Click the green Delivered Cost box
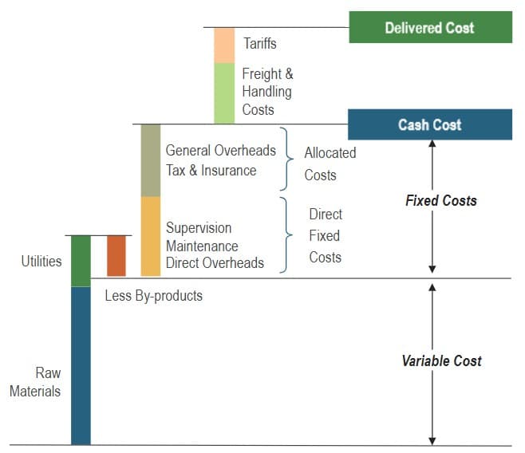[430, 28]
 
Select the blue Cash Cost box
[430, 124]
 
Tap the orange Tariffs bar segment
[224, 45]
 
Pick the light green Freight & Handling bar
[224, 93]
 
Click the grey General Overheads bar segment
[151, 160]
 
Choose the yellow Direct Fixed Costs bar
[151, 236]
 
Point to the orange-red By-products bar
[116, 256]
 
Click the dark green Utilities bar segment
[81, 261]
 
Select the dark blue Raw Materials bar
[81, 365]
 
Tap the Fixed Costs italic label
[441, 201]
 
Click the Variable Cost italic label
[441, 361]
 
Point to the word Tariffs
[260, 44]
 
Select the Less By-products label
[154, 296]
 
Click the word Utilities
[41, 261]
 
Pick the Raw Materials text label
[36, 382]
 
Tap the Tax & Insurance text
[211, 170]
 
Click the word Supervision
[199, 229]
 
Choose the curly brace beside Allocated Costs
[290, 160]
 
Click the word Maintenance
[202, 246]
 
